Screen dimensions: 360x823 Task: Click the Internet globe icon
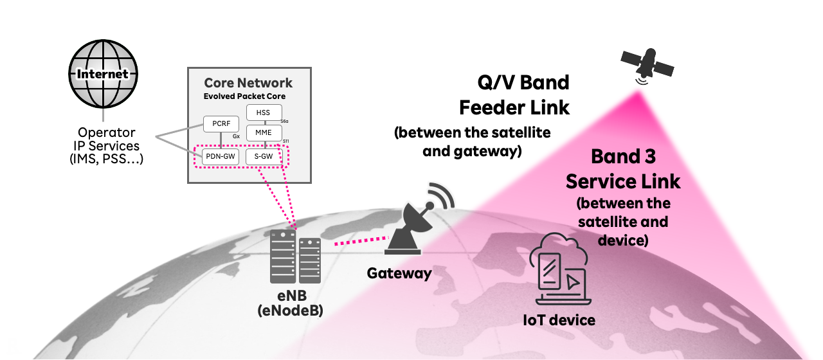point(103,74)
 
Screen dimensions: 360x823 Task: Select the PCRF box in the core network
point(221,123)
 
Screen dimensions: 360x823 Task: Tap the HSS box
point(264,113)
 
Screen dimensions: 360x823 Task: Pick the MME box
point(264,133)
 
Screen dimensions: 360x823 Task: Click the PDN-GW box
point(221,156)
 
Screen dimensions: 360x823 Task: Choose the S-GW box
point(264,156)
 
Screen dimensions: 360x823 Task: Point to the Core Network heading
point(248,83)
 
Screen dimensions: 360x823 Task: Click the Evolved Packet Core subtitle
point(244,96)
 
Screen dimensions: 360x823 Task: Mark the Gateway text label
point(399,273)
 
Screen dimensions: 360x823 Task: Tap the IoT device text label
point(557,319)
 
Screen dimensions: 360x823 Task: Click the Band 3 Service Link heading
point(622,169)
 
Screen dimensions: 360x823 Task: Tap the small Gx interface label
point(236,137)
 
